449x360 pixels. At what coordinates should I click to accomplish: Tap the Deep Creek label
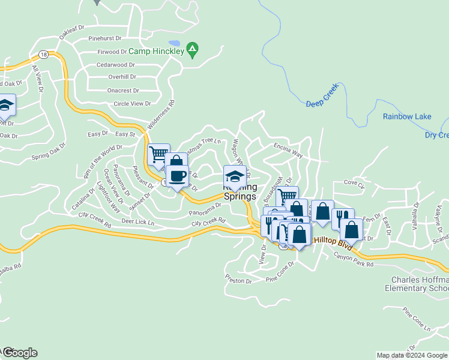322,95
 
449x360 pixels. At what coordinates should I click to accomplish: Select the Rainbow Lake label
406,116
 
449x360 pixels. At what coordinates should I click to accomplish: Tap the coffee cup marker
177,176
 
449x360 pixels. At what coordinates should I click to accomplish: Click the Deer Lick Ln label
137,223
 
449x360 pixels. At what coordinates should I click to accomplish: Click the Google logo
19,353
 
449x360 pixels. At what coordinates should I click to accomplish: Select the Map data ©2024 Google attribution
412,355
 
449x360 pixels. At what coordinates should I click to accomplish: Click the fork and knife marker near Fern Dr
342,218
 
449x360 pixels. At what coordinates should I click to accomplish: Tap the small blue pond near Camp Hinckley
174,43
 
